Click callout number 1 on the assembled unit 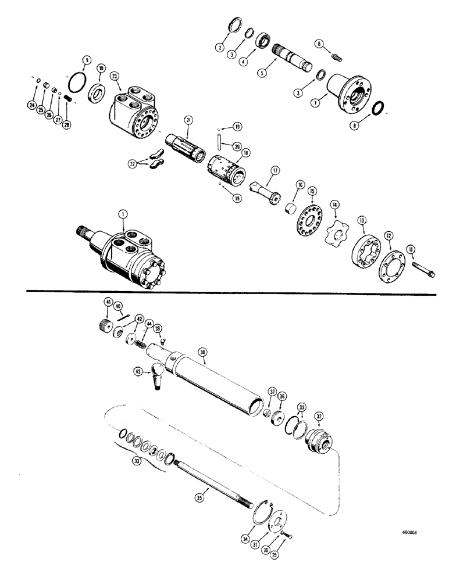pyautogui.click(x=122, y=214)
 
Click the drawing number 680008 pyautogui.click(x=409, y=530)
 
